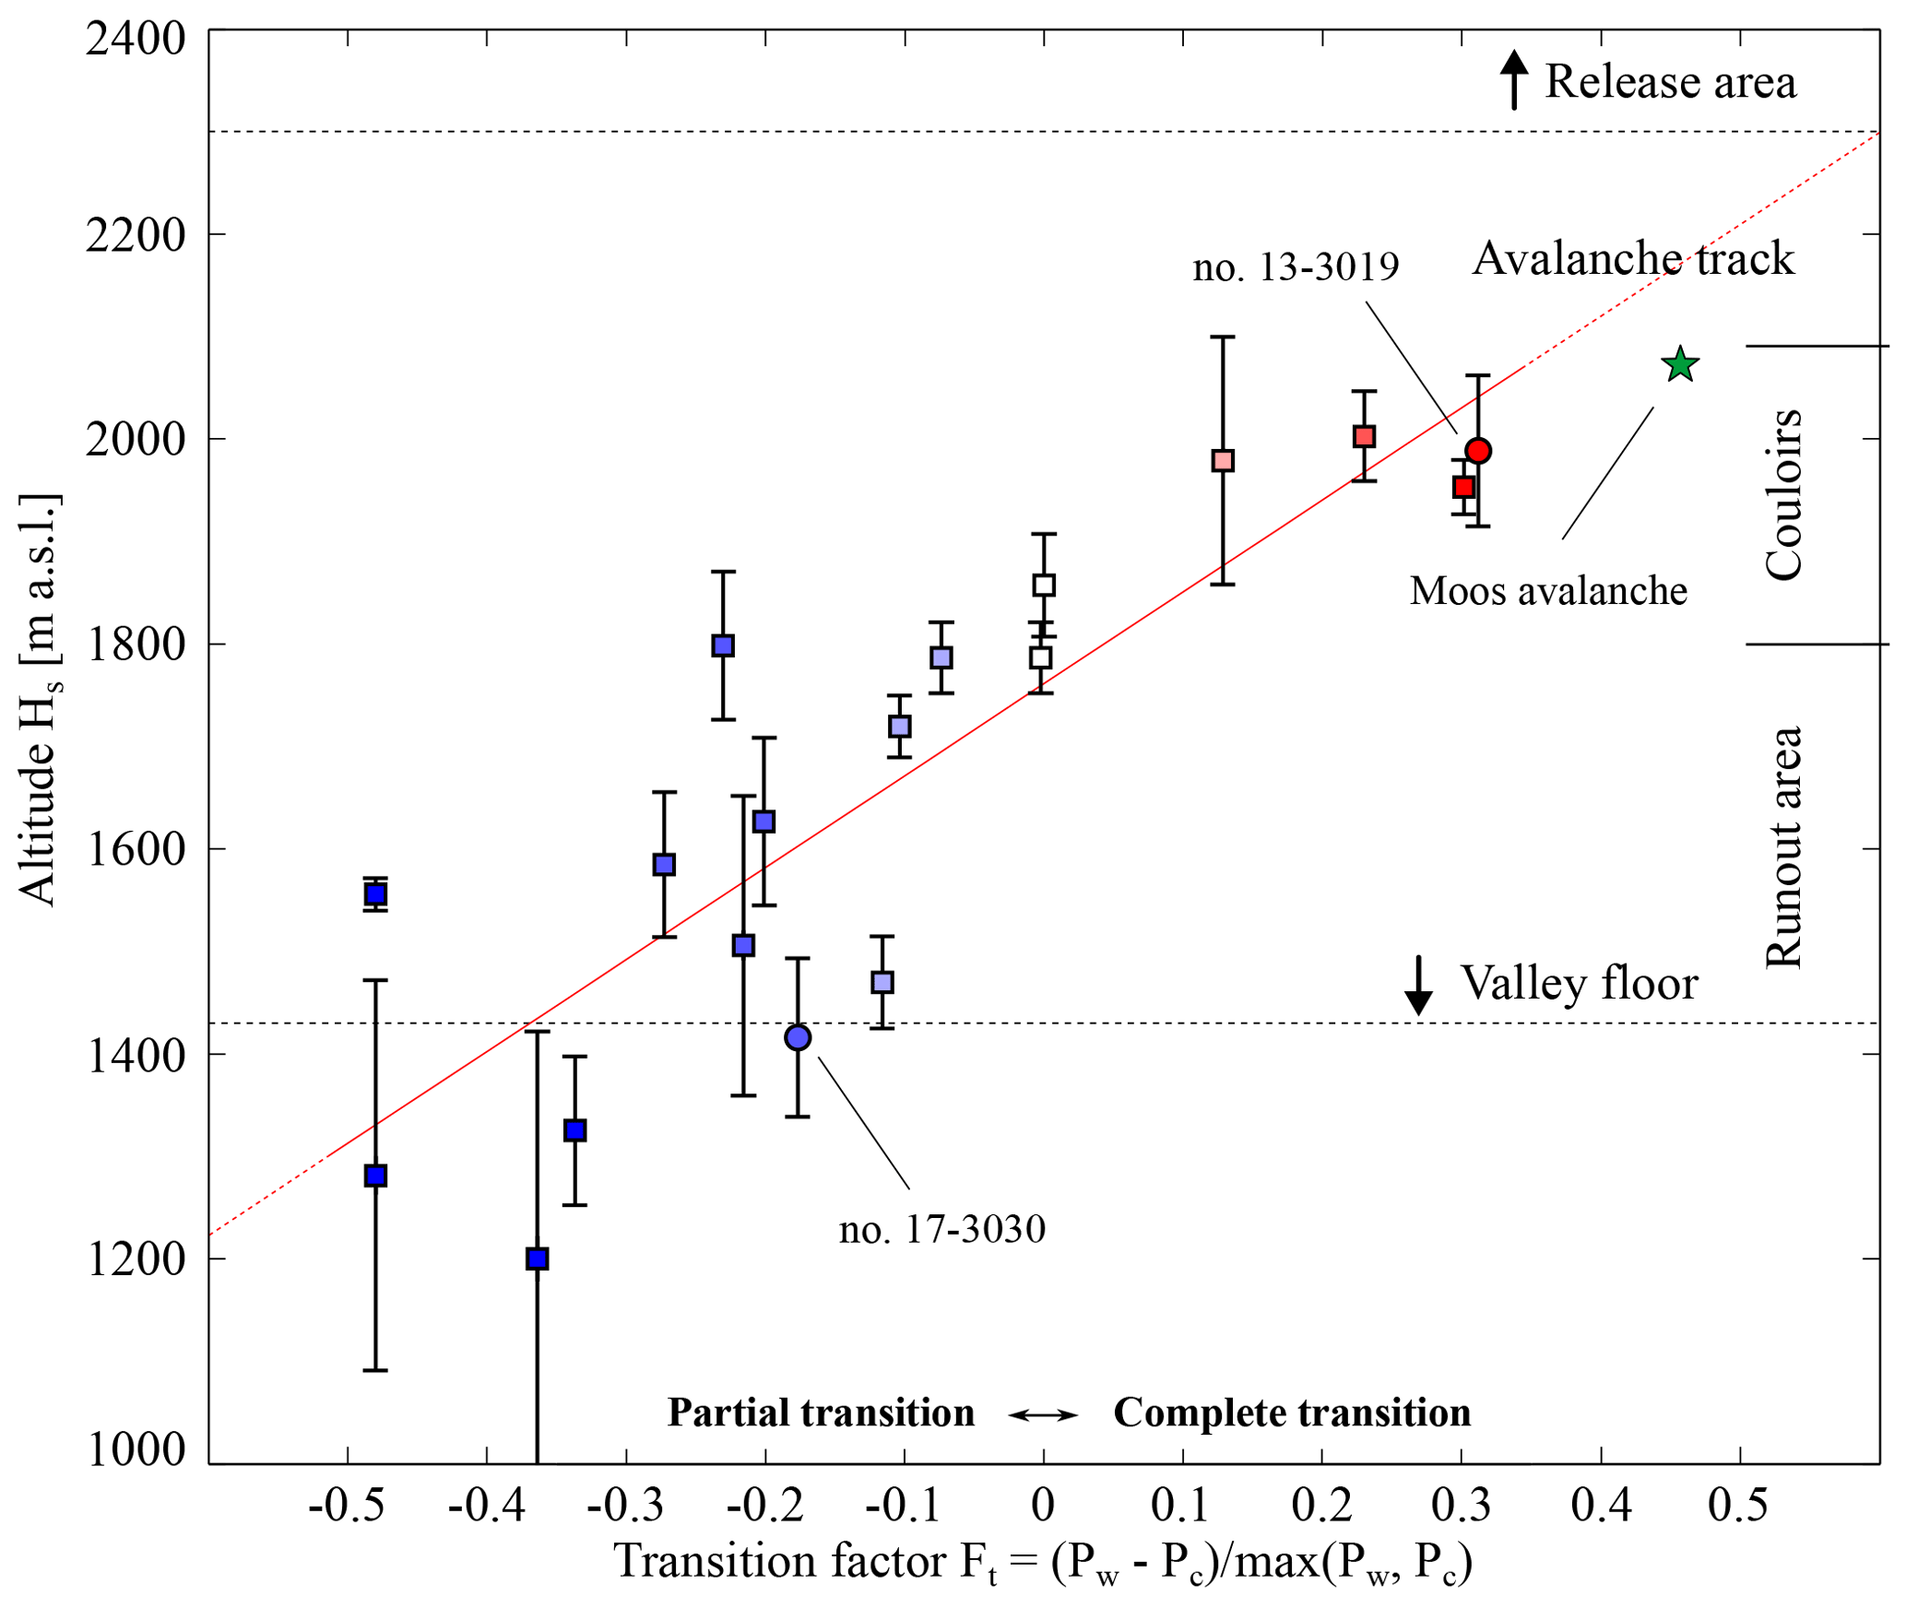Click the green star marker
pyautogui.click(x=1680, y=365)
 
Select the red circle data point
pyautogui.click(x=1478, y=451)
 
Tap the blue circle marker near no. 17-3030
pyautogui.click(x=798, y=1037)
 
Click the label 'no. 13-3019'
pyautogui.click(x=1296, y=266)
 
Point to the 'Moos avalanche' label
pyautogui.click(x=1548, y=590)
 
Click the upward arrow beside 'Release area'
pyautogui.click(x=1513, y=79)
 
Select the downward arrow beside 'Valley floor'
pyautogui.click(x=1418, y=986)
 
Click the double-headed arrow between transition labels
pyautogui.click(x=1043, y=1414)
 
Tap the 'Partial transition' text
pyautogui.click(x=821, y=1413)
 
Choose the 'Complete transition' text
pyautogui.click(x=1292, y=1413)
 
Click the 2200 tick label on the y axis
pyautogui.click(x=136, y=235)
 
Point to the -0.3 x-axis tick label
pyautogui.click(x=625, y=1505)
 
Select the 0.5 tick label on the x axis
pyautogui.click(x=1738, y=1505)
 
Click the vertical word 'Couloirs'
pyautogui.click(x=1783, y=494)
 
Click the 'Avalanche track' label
pyautogui.click(x=1633, y=258)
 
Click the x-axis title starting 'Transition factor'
pyautogui.click(x=1043, y=1562)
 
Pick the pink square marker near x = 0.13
pyautogui.click(x=1223, y=461)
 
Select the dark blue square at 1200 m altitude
pyautogui.click(x=538, y=1259)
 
